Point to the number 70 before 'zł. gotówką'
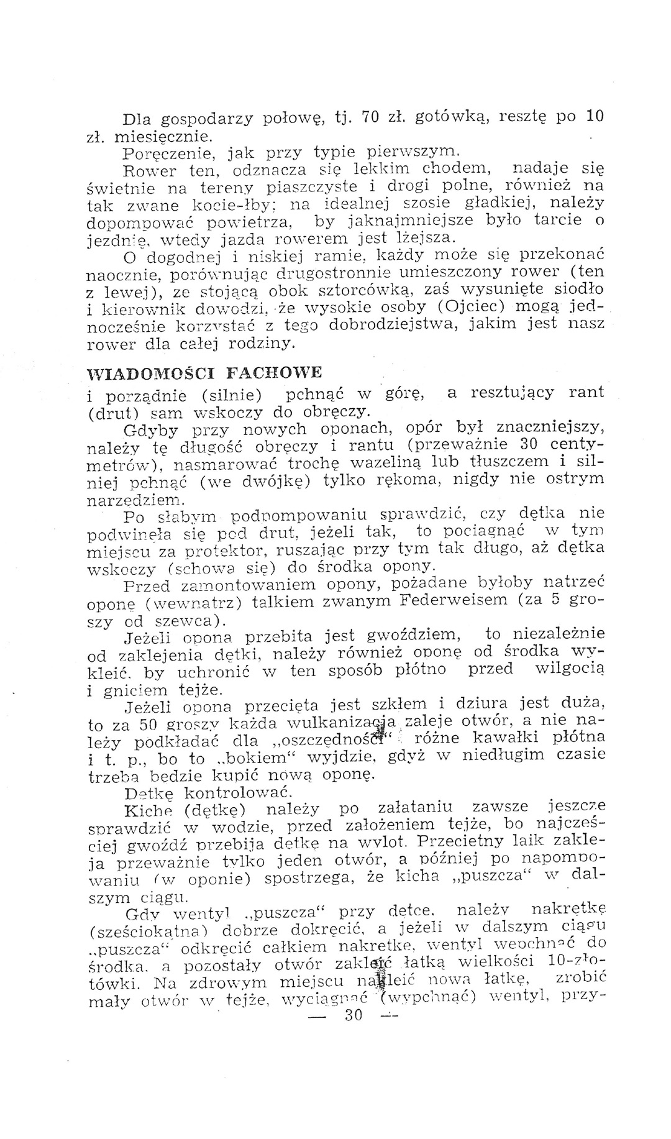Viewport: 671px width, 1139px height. [x=371, y=117]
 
